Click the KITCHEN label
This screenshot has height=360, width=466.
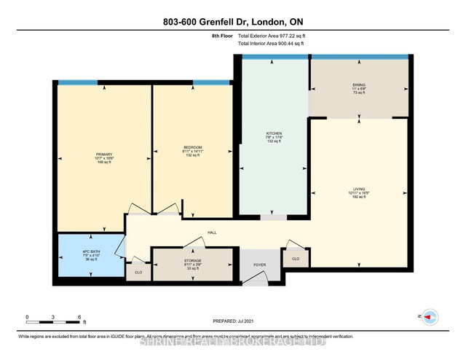point(274,134)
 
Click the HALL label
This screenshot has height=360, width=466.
point(212,232)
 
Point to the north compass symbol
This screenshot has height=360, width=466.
point(430,317)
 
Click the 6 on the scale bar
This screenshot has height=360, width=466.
point(79,317)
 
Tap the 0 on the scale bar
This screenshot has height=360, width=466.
point(28,317)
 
